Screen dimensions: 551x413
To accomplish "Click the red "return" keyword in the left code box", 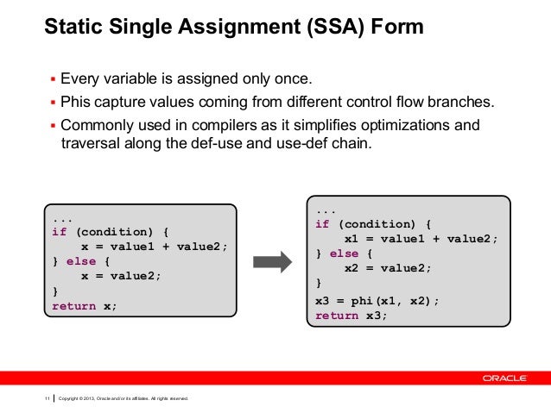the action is pyautogui.click(x=73, y=306).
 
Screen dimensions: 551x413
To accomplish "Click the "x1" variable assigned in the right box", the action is pyautogui.click(x=351, y=240).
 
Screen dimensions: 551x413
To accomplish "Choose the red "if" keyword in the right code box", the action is pyautogui.click(x=322, y=225).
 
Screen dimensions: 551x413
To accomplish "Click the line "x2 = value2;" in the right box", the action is pyautogui.click(x=387, y=268).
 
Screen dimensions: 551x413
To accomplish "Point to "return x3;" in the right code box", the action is pyautogui.click(x=351, y=316).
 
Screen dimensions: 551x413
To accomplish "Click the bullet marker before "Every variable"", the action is pyautogui.click(x=51, y=83).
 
